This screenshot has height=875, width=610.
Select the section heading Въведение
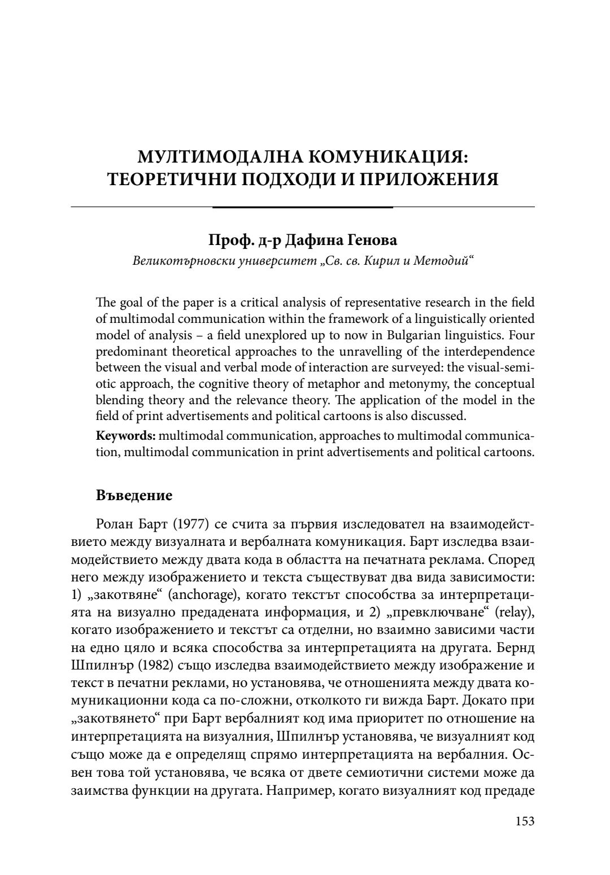[x=134, y=496]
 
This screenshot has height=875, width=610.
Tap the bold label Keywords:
[x=118, y=436]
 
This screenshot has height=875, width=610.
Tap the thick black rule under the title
[x=302, y=207]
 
